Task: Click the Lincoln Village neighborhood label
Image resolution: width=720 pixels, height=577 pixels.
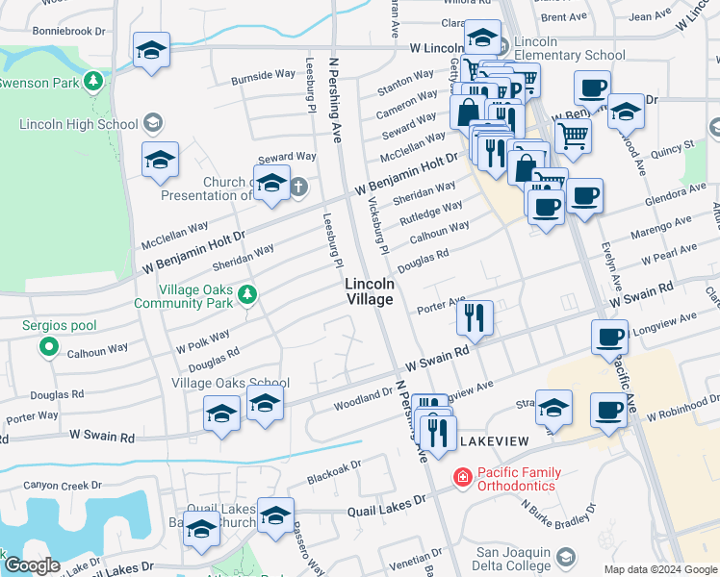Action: click(x=370, y=291)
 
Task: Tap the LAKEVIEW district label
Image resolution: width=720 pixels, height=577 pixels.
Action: click(x=495, y=440)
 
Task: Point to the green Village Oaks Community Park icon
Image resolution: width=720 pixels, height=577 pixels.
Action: click(x=248, y=294)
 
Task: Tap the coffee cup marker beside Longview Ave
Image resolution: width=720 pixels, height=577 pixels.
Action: click(x=609, y=337)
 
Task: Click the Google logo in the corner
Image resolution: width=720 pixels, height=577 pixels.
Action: click(x=32, y=565)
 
